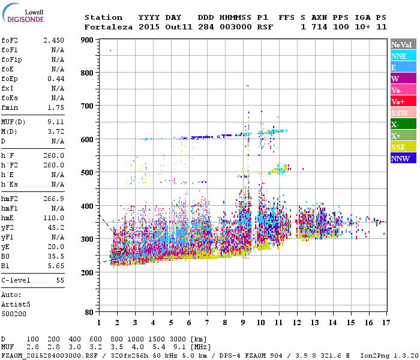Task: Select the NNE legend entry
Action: pyautogui.click(x=402, y=56)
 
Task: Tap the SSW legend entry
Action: pyautogui.click(x=402, y=113)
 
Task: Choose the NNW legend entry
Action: pyautogui.click(x=402, y=159)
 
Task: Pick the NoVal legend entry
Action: pyautogui.click(x=402, y=44)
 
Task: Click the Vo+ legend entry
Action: pyautogui.click(x=402, y=102)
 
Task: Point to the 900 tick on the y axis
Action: pyautogui.click(x=87, y=40)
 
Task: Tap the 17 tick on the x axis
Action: pyautogui.click(x=386, y=323)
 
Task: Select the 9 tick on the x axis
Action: pyautogui.click(x=243, y=323)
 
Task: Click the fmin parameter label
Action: pyautogui.click(x=10, y=107)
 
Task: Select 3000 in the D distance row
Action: pyautogui.click(x=179, y=340)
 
